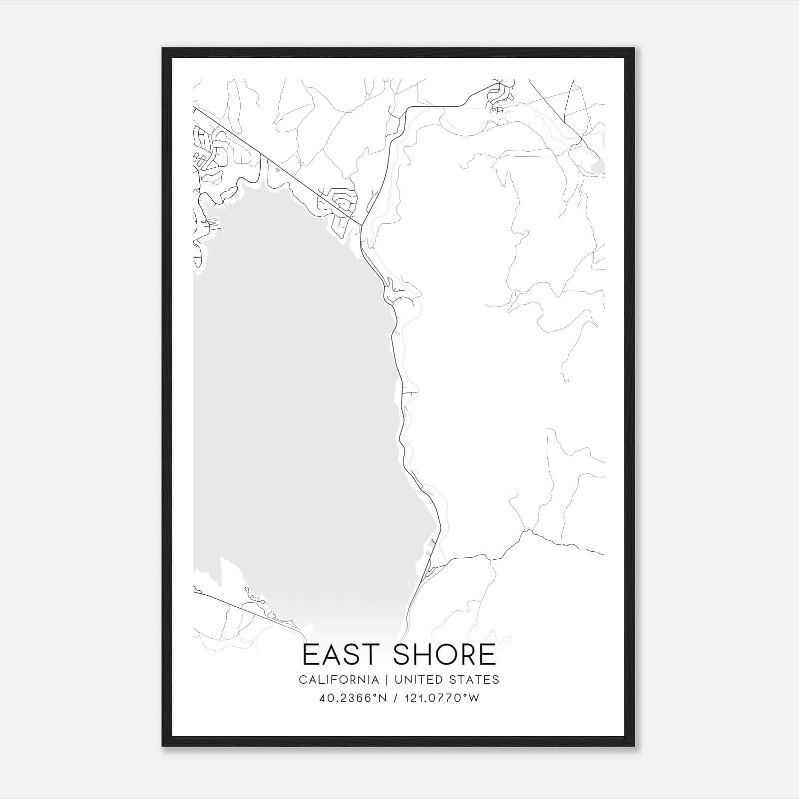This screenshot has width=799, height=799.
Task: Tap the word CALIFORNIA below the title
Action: tap(339, 680)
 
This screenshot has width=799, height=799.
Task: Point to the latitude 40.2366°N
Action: tap(354, 698)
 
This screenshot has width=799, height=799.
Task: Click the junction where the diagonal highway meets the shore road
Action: tap(362, 225)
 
